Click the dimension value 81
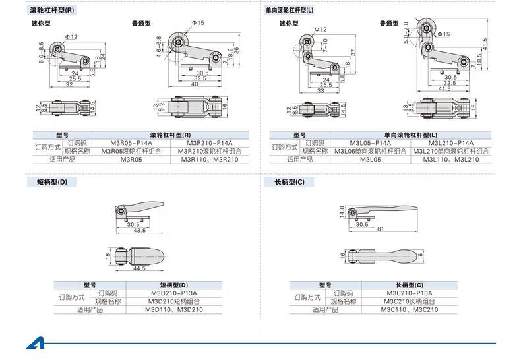tap(382, 229)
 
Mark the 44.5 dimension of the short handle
tap(139, 269)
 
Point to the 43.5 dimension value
tap(139, 230)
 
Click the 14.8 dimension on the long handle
tap(342, 212)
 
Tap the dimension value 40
tap(195, 84)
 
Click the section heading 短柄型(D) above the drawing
tap(47, 181)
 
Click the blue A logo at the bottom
tap(34, 344)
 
